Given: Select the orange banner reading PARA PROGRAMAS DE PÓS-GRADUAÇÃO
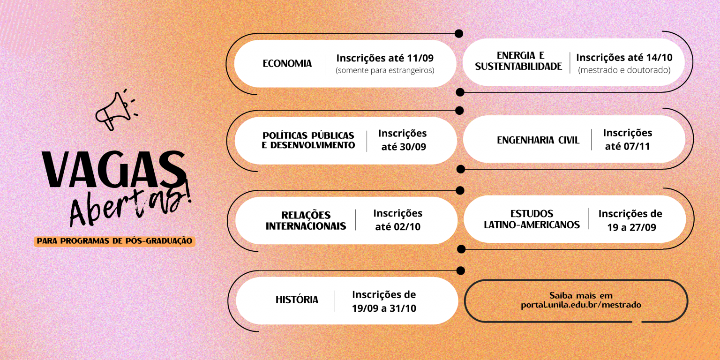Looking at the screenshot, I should coord(114,241).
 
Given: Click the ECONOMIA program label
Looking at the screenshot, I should coord(287,64).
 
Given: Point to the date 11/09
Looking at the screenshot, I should coord(420,58).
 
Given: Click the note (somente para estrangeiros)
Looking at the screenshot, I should coord(385,70).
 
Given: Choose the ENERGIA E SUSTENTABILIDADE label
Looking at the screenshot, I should coord(518,61).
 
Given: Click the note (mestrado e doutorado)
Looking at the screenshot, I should coord(624,70).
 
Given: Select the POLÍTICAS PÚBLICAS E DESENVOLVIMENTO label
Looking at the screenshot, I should coord(308,141).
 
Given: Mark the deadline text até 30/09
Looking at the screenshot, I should coord(403,147).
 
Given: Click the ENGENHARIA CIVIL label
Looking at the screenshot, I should coord(538,140).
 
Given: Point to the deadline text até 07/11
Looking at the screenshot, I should coord(627,146).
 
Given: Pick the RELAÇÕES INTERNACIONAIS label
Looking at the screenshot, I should coord(306,221).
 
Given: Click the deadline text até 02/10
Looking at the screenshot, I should coord(397,227).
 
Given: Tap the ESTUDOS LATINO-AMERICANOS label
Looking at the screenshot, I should coord(532,219).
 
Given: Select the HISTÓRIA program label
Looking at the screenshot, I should coord(297,300).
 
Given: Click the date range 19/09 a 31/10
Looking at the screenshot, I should coord(384,308).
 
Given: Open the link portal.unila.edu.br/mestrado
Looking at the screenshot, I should coord(580,305).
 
